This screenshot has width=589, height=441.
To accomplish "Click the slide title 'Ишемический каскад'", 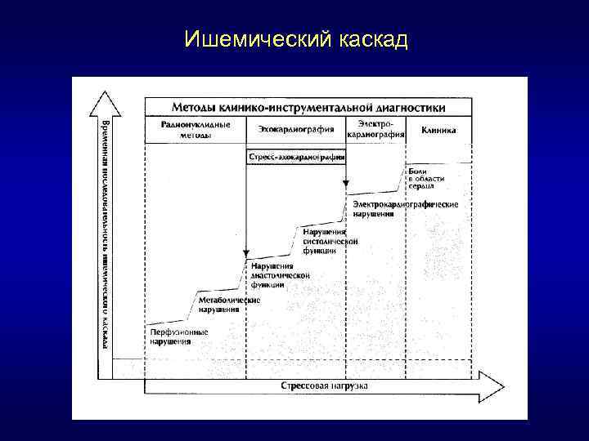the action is (295, 39).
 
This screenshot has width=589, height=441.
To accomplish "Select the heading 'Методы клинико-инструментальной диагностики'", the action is (308, 107).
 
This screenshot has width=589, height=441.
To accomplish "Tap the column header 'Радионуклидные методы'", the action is (196, 130).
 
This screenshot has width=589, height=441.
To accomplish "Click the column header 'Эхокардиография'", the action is (294, 130).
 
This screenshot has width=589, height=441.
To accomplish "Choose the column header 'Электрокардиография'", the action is (375, 130).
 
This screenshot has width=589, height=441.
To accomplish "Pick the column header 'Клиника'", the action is (439, 130).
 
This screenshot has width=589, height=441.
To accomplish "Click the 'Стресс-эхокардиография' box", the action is (295, 155).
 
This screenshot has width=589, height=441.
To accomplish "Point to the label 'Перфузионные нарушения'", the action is (178, 337).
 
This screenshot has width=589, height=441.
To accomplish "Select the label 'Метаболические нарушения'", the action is (230, 305).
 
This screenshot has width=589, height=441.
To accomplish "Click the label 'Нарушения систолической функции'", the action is (330, 242).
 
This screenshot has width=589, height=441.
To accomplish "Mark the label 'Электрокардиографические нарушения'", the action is (405, 208).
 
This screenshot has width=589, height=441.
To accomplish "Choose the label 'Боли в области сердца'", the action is (426, 178).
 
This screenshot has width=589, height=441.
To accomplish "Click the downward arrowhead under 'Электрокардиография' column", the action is (346, 186).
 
